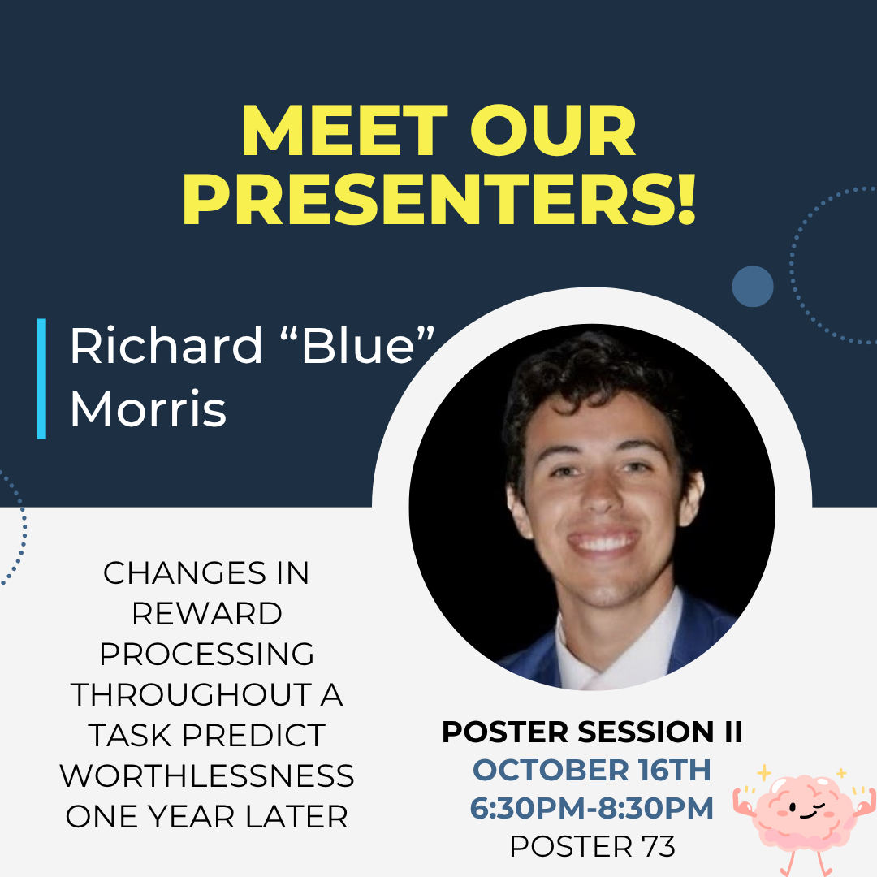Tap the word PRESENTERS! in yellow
439,199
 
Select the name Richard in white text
166,345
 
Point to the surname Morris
149,408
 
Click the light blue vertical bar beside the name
41,378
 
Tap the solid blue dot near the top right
753,287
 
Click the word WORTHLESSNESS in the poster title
207,775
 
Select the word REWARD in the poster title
207,614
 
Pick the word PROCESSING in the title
207,654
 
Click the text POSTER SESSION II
592,732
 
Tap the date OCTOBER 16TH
592,770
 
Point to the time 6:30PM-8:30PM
592,808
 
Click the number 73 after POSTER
659,846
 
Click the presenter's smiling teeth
603,542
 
